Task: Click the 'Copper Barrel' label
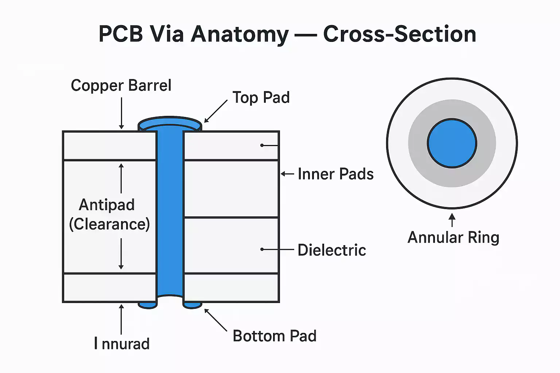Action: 121,86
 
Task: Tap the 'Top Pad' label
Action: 261,98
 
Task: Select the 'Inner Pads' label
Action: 335,174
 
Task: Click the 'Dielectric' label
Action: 331,250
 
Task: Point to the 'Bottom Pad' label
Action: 275,336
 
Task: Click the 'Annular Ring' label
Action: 453,237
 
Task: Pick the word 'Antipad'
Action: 107,205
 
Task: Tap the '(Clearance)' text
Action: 109,224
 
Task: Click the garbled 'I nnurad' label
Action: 122,344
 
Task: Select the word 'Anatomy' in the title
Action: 240,34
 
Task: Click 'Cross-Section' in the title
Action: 400,34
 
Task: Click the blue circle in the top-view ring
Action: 452,143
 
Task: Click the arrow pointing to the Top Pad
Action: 216,111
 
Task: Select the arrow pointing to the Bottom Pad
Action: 216,320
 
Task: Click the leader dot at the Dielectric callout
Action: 262,250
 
